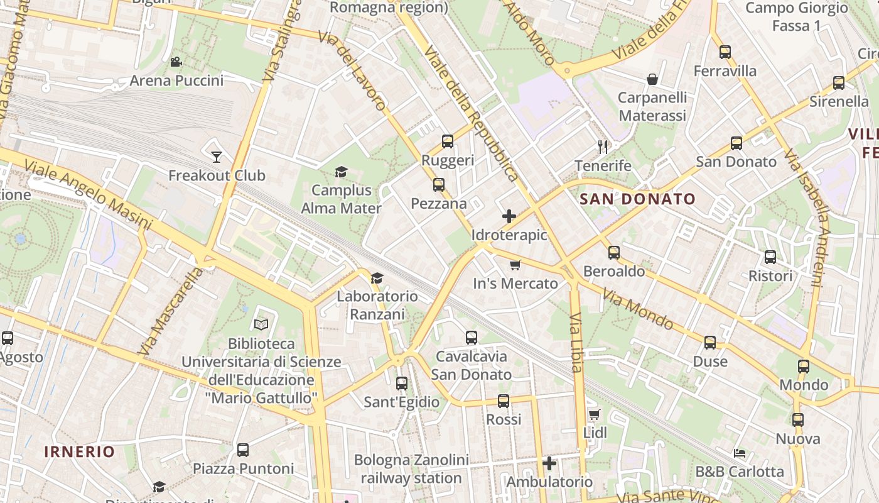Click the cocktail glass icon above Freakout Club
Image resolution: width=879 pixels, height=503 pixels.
(217, 157)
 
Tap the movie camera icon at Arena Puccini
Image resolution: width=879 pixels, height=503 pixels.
(176, 62)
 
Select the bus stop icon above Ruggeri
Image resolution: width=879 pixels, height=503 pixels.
(448, 141)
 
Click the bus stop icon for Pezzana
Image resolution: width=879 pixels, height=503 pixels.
(439, 185)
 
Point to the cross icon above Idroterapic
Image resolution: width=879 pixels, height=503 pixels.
(509, 217)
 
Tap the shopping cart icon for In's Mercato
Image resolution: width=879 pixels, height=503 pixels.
(515, 265)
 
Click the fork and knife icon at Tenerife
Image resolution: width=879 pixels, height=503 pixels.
(603, 147)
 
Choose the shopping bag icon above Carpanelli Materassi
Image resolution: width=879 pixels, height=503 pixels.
(652, 79)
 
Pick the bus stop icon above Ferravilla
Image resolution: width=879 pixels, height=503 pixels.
(725, 52)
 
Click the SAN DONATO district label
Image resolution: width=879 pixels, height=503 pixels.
(637, 199)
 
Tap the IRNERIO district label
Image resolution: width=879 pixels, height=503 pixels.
(80, 451)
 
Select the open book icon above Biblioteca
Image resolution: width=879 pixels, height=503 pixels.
(261, 324)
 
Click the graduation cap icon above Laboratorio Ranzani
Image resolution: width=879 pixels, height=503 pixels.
(377, 278)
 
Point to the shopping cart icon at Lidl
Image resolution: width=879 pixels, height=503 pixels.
(595, 414)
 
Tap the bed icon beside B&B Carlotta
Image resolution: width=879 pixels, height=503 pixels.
(740, 453)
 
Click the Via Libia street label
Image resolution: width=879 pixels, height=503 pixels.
(576, 342)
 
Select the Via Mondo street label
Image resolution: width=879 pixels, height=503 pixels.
(637, 309)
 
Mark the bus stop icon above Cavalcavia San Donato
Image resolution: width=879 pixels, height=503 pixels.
(472, 338)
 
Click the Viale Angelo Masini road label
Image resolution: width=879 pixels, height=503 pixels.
(88, 194)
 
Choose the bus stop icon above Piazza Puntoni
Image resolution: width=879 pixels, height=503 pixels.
(243, 450)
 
